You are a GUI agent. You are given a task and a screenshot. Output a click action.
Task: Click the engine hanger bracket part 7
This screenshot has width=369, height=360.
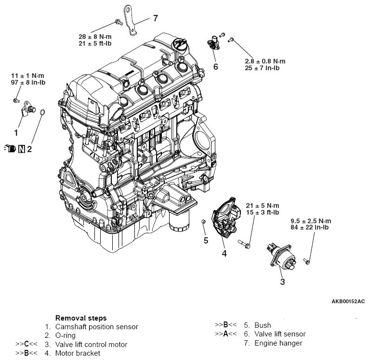tap(132, 22)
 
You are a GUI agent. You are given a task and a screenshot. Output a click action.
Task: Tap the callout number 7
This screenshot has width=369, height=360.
tap(155, 19)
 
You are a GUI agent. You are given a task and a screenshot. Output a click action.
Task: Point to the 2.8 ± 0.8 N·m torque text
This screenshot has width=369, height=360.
tap(264, 61)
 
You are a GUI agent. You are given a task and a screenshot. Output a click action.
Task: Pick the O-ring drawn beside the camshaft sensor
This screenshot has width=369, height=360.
tap(43, 114)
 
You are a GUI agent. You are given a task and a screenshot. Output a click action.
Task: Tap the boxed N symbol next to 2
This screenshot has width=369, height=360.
tap(22, 149)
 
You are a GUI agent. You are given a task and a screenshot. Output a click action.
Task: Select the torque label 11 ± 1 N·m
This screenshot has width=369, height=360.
tap(28, 76)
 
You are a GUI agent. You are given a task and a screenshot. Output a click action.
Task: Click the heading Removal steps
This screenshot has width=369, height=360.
tap(81, 318)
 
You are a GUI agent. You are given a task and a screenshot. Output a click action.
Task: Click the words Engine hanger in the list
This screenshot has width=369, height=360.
tap(278, 343)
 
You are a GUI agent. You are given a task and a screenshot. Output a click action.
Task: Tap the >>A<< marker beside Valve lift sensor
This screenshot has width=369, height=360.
tap(225, 334)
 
